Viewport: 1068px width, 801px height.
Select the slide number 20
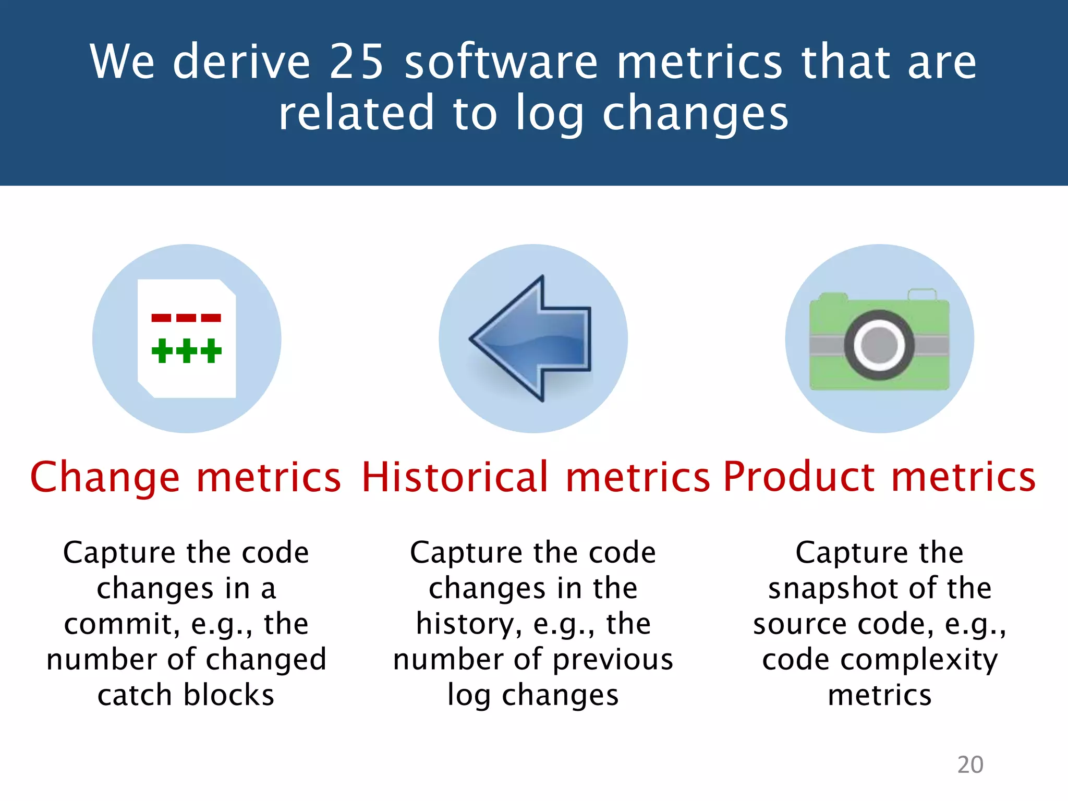pos(970,764)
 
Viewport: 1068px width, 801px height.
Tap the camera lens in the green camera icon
pos(879,345)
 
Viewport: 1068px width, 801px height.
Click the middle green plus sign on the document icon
pos(187,350)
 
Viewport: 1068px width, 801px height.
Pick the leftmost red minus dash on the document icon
pos(161,318)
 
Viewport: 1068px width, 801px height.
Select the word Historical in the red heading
pos(455,477)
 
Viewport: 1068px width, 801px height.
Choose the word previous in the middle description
pos(613,660)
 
